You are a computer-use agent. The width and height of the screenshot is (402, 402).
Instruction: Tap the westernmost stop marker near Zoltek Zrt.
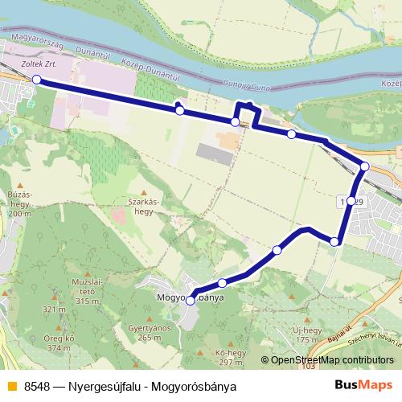[x=36, y=79]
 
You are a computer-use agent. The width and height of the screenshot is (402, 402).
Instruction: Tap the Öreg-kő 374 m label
[x=59, y=343]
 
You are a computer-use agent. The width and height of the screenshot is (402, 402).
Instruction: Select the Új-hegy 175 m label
[x=307, y=335]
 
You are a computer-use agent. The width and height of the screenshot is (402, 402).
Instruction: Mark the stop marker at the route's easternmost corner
[x=364, y=166]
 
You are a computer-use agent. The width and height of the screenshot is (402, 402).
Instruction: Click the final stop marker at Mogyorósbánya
[x=191, y=301]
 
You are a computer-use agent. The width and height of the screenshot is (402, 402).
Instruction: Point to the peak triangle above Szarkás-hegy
[x=144, y=192]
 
